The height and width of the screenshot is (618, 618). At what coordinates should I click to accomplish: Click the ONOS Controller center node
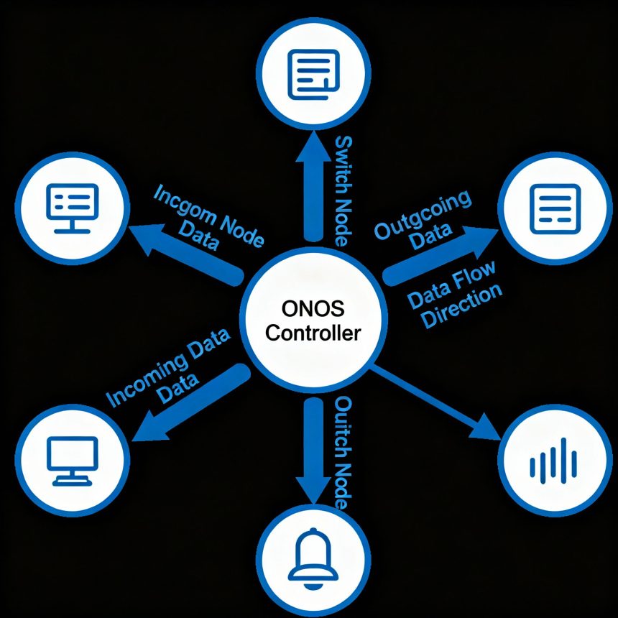click(310, 321)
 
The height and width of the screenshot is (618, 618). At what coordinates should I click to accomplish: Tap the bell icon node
click(310, 554)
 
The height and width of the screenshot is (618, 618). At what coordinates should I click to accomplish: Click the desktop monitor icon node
click(71, 461)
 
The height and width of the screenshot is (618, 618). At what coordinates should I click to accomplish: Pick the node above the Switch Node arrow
click(310, 71)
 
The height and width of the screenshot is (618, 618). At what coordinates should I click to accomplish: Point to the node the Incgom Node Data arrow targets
click(71, 202)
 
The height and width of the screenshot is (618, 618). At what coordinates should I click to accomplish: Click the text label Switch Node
click(343, 190)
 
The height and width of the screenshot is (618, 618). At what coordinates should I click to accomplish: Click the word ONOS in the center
click(309, 310)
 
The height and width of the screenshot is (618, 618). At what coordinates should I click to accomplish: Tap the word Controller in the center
click(309, 333)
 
